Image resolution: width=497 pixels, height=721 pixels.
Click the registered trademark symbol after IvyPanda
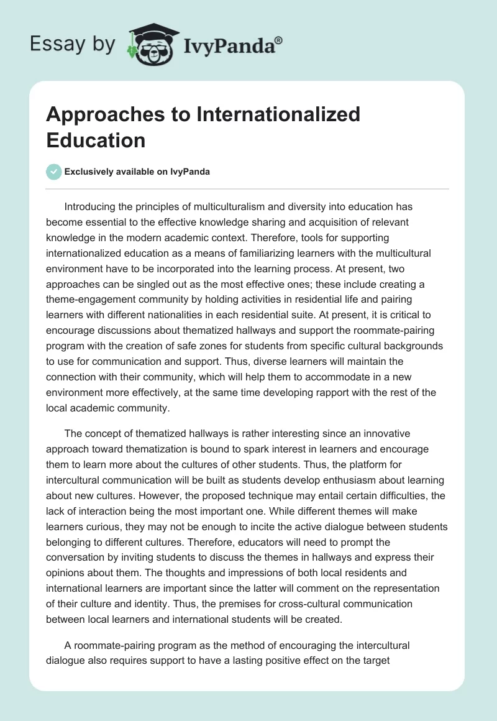tap(279, 40)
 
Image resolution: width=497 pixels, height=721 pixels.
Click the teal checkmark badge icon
tap(54, 172)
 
